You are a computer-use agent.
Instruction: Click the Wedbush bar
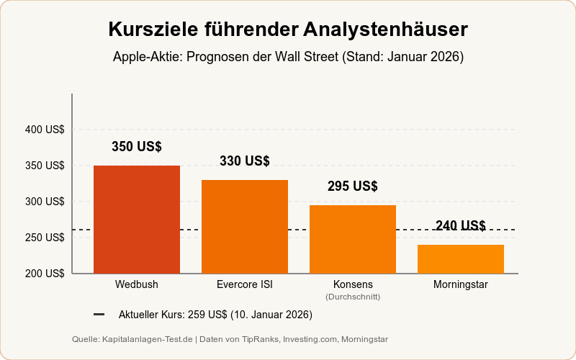(x=137, y=220)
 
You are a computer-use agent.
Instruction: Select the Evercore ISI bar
(x=245, y=227)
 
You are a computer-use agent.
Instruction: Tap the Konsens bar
(x=353, y=239)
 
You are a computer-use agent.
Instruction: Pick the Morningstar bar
(x=461, y=259)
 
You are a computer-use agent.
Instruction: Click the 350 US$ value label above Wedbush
(x=137, y=147)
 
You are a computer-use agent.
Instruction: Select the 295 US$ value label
(x=353, y=186)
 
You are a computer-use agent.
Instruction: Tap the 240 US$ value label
(x=461, y=226)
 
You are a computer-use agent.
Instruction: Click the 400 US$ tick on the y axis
(x=45, y=130)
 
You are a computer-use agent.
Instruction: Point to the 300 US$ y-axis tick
(x=45, y=202)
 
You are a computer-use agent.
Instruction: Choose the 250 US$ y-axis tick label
(x=45, y=238)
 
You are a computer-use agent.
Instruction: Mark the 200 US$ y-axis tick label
(x=45, y=274)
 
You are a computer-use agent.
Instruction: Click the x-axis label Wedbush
(x=137, y=284)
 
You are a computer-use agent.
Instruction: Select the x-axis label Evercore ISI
(x=245, y=284)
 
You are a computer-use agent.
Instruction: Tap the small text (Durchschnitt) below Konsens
(x=353, y=297)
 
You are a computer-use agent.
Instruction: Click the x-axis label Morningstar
(x=461, y=284)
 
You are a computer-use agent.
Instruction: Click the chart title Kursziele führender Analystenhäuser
(x=288, y=30)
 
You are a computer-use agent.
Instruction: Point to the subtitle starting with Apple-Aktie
(x=288, y=57)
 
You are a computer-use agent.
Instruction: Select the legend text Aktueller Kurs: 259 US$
(x=215, y=315)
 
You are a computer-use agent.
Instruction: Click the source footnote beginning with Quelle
(x=230, y=339)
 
